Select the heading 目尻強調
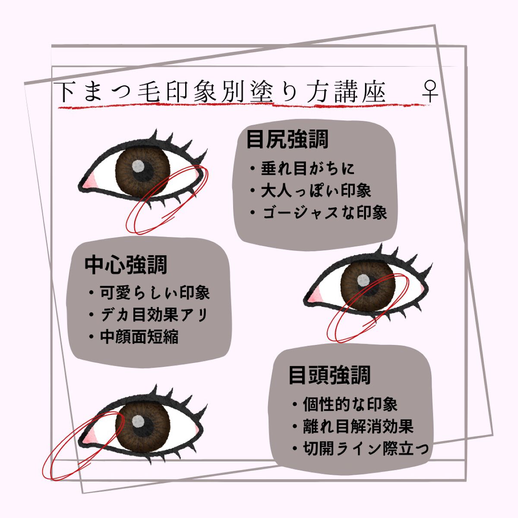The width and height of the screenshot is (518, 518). [x=287, y=139]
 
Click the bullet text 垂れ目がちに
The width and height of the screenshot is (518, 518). [x=307, y=169]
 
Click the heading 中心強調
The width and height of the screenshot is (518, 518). [x=126, y=265]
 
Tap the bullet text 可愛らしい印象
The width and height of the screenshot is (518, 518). [x=155, y=293]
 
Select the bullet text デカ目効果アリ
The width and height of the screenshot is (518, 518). [x=154, y=315]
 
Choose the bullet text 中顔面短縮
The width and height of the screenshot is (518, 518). [x=139, y=337]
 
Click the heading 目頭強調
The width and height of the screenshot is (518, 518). [x=329, y=375]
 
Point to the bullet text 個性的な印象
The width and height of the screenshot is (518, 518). [x=350, y=404]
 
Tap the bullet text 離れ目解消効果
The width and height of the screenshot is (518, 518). [x=358, y=426]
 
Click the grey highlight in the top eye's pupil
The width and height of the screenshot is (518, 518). [x=138, y=166]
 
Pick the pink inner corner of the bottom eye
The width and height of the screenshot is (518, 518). [x=89, y=437]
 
